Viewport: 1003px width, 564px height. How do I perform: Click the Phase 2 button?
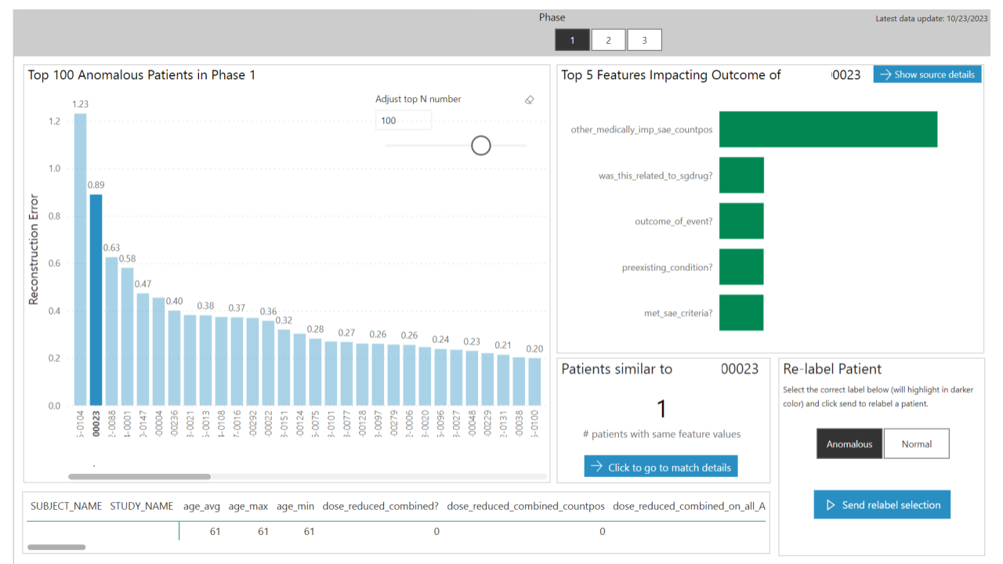(x=609, y=40)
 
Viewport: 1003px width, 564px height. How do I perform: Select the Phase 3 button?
(x=644, y=40)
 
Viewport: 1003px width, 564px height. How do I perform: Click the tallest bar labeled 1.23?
(x=80, y=258)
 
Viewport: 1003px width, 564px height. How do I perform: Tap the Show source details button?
(x=927, y=74)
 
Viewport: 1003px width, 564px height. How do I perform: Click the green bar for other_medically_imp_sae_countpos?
(x=827, y=129)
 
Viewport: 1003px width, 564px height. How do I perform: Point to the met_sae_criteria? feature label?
(x=678, y=313)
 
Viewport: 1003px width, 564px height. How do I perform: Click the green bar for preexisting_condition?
(x=741, y=267)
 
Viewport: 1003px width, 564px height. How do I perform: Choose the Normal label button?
(x=916, y=443)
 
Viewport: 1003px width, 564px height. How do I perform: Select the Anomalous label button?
(x=849, y=443)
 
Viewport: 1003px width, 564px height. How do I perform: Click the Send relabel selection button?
(x=882, y=505)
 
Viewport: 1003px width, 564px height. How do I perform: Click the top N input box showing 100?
(x=403, y=121)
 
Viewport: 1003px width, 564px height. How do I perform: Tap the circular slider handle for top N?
(x=481, y=145)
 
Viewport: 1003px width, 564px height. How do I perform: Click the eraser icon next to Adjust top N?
(x=529, y=99)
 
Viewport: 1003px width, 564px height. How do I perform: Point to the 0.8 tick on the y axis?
(x=55, y=216)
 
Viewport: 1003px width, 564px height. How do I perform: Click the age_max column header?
(x=248, y=506)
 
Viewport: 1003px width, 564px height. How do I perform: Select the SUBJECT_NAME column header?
(x=66, y=506)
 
